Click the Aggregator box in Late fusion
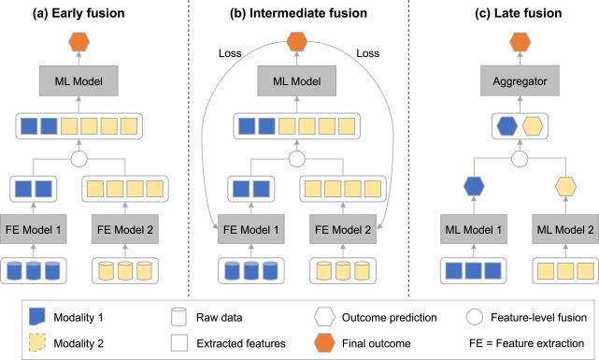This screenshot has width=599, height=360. pyautogui.click(x=520, y=80)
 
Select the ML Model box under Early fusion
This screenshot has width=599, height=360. pyautogui.click(x=78, y=80)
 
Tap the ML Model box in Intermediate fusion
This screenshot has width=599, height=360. pyautogui.click(x=297, y=80)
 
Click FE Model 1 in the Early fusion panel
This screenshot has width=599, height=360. pyautogui.click(x=34, y=229)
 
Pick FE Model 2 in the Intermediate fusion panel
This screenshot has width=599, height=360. pyautogui.click(x=343, y=229)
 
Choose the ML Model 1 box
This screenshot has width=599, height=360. pyautogui.click(x=474, y=229)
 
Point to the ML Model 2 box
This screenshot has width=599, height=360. pyautogui.click(x=565, y=229)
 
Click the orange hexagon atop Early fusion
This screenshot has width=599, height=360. pyautogui.click(x=78, y=42)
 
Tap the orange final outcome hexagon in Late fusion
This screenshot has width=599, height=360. pyautogui.click(x=520, y=42)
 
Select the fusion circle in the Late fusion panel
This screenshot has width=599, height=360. pyautogui.click(x=520, y=159)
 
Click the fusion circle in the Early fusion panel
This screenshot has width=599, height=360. pyautogui.click(x=79, y=159)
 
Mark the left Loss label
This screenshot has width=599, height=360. pyautogui.click(x=230, y=53)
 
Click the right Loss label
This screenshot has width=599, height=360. pyautogui.click(x=368, y=53)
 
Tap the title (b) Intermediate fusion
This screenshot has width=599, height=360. pyautogui.click(x=298, y=13)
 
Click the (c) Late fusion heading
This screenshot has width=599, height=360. pyautogui.click(x=519, y=13)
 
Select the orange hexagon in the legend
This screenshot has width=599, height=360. pyautogui.click(x=324, y=343)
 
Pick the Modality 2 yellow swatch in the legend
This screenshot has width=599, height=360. pyautogui.click(x=37, y=343)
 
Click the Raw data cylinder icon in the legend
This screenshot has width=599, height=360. pyautogui.click(x=178, y=317)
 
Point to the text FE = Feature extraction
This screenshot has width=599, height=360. pyautogui.click(x=527, y=343)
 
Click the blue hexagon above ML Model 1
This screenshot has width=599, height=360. pyautogui.click(x=474, y=186)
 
